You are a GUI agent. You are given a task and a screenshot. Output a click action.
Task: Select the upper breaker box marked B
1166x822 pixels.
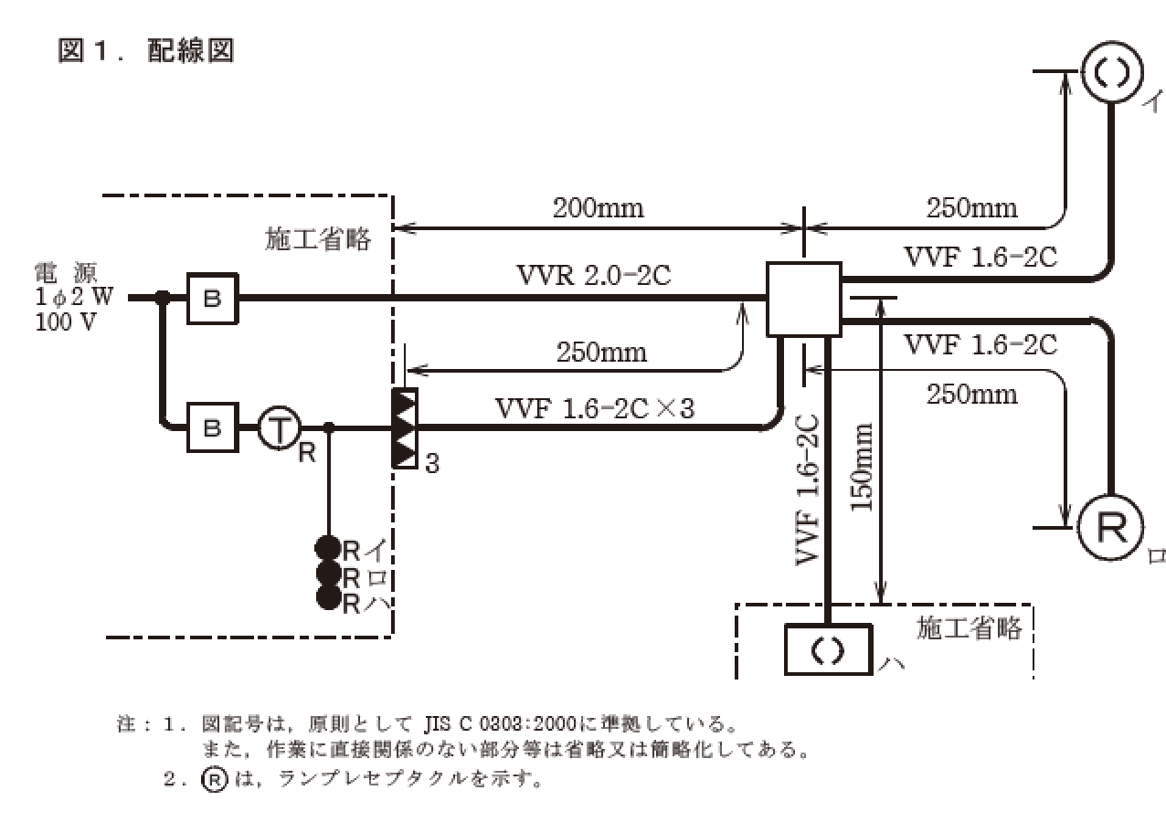[212, 298]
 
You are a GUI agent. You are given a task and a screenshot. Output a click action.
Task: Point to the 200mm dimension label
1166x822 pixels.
[598, 208]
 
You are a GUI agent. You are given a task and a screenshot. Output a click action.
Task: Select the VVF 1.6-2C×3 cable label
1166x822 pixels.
[594, 408]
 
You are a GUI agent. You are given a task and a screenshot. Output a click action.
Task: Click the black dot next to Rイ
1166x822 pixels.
[327, 549]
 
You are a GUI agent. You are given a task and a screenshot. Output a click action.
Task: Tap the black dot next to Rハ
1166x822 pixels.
[327, 598]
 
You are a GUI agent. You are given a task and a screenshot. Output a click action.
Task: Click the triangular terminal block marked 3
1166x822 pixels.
[404, 428]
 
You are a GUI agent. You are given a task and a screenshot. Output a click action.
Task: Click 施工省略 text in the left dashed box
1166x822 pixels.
[319, 239]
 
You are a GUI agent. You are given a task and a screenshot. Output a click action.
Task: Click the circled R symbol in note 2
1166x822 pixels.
[213, 780]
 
